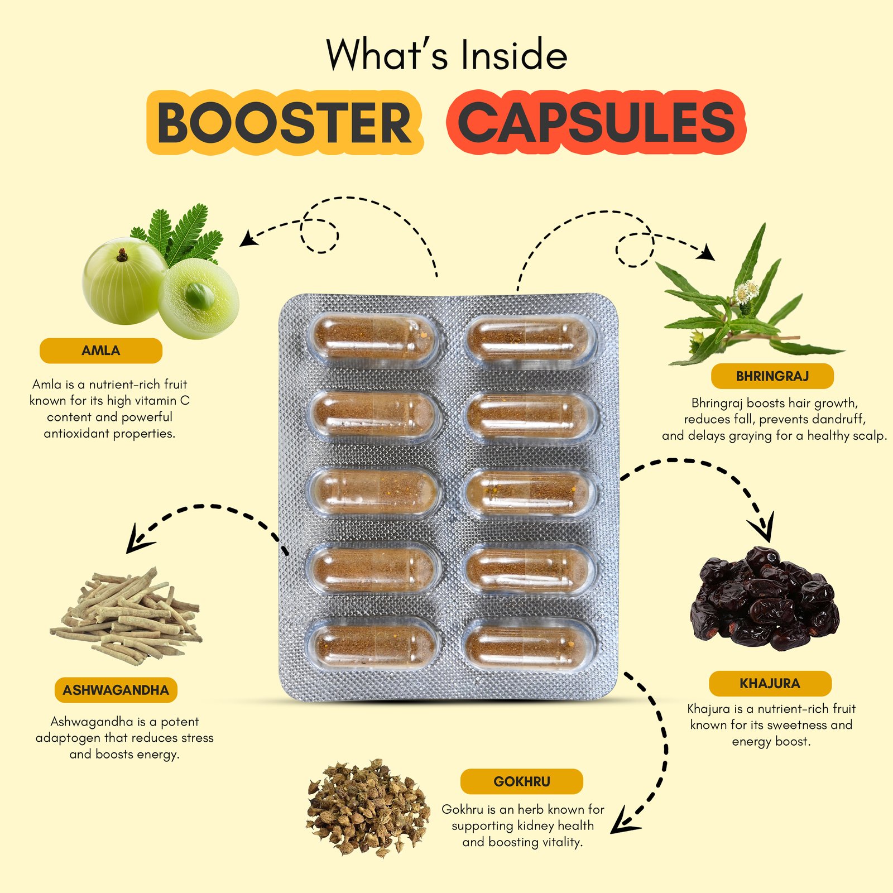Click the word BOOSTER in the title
point(285,123)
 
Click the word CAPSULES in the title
point(596,123)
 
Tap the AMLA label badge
point(101,351)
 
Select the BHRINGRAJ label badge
point(772,376)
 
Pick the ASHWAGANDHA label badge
point(116,690)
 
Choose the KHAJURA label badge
point(770,684)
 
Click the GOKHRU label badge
point(521,781)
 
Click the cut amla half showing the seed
point(198,298)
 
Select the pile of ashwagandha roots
point(128,617)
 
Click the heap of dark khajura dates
point(765,600)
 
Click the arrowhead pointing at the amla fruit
point(247,239)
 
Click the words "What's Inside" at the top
point(446,55)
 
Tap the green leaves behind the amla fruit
point(179,234)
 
